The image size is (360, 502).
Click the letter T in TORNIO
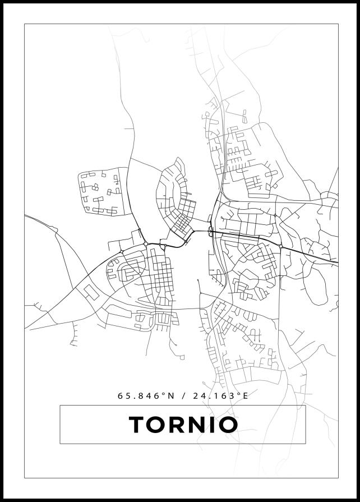[138, 425]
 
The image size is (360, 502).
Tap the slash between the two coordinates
[184, 395]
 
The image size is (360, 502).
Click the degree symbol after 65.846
[164, 394]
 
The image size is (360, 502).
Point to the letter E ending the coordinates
[244, 395]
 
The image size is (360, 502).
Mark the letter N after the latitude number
[171, 395]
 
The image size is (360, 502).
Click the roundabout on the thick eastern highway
[280, 246]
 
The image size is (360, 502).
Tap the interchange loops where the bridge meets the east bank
[210, 232]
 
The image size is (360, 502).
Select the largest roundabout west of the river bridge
[146, 243]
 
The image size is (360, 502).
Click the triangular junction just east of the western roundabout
[164, 245]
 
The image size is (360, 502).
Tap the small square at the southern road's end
[182, 357]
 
